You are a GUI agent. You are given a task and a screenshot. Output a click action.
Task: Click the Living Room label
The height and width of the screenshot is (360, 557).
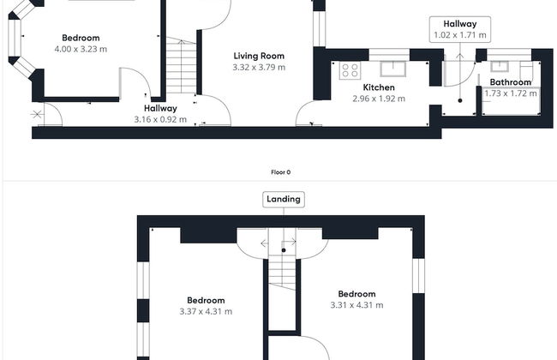point(259,56)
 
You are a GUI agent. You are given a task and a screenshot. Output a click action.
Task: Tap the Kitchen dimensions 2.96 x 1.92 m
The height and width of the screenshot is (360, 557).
point(379,99)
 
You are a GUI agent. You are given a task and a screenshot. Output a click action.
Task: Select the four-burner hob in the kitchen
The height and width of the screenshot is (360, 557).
point(350,70)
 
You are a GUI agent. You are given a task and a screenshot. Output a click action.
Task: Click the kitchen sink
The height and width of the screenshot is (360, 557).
point(392,69)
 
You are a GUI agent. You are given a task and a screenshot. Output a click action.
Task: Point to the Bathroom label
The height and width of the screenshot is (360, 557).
point(511,82)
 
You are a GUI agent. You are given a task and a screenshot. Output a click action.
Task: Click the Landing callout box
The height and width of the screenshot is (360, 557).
point(284,200)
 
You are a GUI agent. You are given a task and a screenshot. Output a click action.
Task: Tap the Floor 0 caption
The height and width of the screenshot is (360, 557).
point(280,172)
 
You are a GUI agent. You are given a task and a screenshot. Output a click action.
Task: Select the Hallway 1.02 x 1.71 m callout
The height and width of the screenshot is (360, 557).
point(460,29)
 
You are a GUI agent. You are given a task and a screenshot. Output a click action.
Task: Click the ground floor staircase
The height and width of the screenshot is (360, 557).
point(181,65)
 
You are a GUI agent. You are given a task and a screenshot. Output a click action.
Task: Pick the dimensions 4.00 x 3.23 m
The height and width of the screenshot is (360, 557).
point(81,49)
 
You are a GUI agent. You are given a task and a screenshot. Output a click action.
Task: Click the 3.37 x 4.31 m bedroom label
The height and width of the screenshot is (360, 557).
point(206,306)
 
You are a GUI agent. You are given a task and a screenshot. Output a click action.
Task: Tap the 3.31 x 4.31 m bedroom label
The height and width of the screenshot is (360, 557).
point(356,299)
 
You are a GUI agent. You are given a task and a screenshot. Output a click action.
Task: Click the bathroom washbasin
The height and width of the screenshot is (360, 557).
point(500,66)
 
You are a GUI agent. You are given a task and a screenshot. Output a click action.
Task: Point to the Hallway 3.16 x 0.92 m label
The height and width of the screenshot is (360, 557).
point(160,114)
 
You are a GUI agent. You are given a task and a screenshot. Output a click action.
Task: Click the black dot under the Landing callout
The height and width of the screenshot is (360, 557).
point(284,250)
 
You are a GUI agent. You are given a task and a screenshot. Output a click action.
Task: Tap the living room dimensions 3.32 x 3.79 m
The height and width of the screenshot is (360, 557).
point(259,67)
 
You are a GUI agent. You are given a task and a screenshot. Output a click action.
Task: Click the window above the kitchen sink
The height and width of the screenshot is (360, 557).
point(389,55)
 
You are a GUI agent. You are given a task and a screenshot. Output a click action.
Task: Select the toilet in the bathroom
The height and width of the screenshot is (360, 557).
point(526,71)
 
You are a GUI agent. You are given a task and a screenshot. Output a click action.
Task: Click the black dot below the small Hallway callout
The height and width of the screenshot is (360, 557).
point(460,100)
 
